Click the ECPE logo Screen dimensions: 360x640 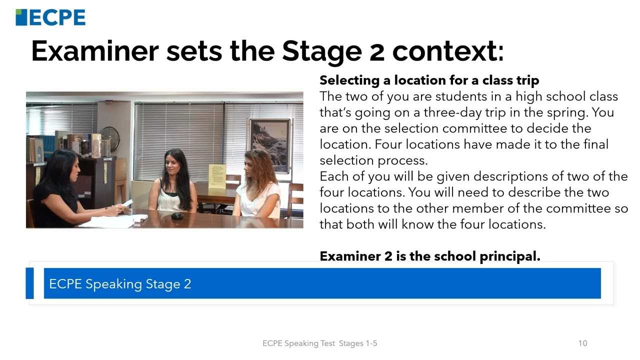[x=50, y=17]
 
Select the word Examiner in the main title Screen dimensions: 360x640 [x=94, y=50]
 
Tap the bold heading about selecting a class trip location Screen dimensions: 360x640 [x=429, y=80]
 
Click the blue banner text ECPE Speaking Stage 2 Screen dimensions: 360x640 [x=120, y=284]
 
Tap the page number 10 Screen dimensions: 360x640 [x=582, y=343]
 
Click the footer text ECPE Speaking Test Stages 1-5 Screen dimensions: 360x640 [x=319, y=343]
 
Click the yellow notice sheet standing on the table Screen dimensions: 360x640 [x=217, y=176]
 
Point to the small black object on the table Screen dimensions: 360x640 [x=177, y=216]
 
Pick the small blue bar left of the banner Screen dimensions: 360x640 [x=29, y=283]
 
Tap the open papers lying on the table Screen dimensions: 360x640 [x=112, y=221]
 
